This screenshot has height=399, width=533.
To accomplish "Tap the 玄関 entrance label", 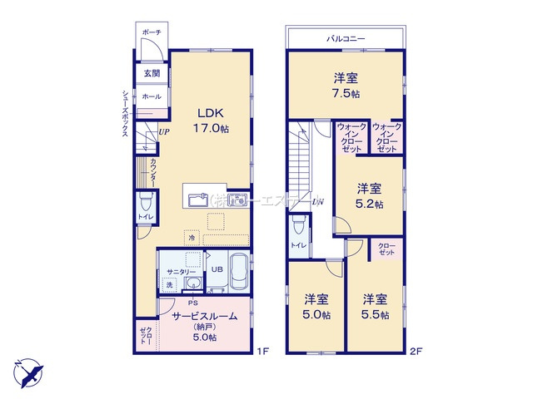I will (152, 74).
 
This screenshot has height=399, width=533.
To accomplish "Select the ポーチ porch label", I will (151, 32).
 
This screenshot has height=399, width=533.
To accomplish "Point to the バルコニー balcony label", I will (346, 38).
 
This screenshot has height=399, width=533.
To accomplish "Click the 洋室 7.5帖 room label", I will (346, 86).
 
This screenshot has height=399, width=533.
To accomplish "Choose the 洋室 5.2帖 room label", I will (370, 195).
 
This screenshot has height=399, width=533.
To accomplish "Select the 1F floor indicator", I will (262, 352).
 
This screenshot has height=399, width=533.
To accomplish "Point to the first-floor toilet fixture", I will (146, 201).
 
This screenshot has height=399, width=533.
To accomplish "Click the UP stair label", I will (163, 132).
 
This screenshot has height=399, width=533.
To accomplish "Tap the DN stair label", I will (317, 202).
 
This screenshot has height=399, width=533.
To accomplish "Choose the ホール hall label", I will (152, 97).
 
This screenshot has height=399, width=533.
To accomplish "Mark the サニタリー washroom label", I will (180, 272).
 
